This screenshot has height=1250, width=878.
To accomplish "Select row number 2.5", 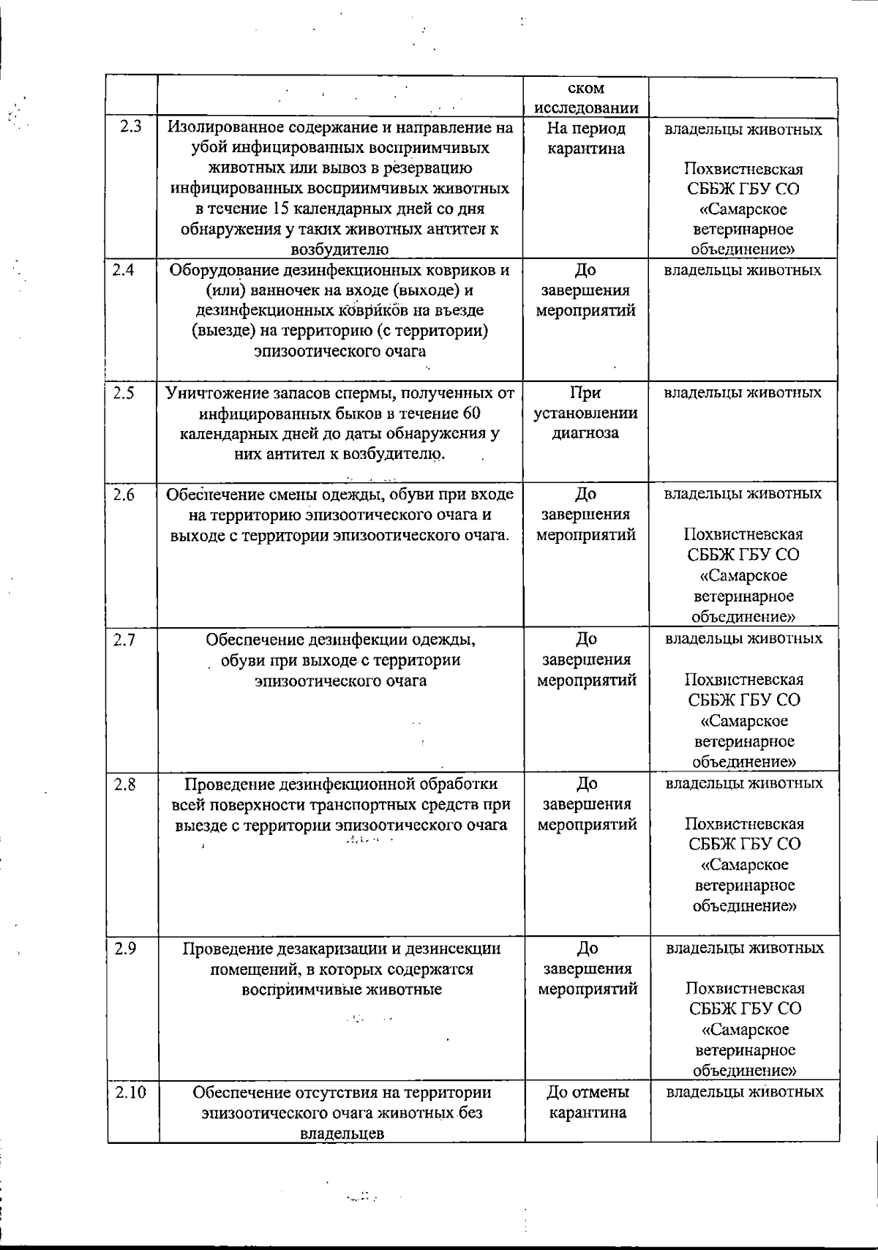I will pos(124,393).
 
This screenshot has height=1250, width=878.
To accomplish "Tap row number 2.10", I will pos(131,1093).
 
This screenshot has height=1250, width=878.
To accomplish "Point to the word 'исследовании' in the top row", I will pos(586,108).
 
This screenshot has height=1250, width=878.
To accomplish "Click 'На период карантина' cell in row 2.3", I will pos(585,138).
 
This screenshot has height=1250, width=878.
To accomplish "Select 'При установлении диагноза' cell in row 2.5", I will pos(585,413).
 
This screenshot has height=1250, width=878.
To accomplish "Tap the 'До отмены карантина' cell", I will pos(588,1103).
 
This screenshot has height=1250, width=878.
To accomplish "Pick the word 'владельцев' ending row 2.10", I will pos(342,1134).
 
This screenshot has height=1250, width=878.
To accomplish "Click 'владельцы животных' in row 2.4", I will pos(742,270).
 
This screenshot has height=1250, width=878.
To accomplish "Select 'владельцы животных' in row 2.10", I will pos(745,1092).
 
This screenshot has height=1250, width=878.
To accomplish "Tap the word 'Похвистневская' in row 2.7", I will pos(743,679).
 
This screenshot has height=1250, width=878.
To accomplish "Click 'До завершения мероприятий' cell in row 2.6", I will pos(585,514).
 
